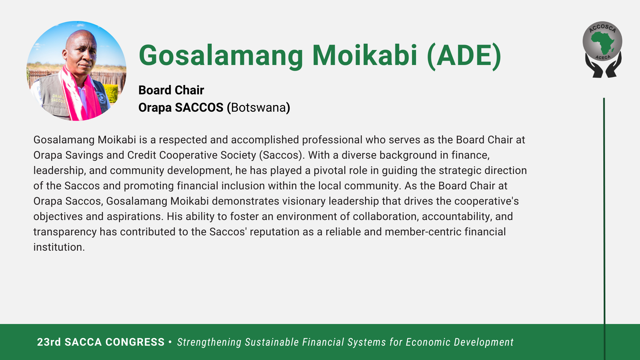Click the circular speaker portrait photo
[x=76, y=71]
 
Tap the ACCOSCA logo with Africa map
[x=603, y=49]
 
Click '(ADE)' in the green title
[x=464, y=56]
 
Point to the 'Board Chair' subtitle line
[x=171, y=90]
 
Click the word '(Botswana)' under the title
[x=258, y=108]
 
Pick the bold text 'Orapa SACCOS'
[x=181, y=108]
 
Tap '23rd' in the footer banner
[x=49, y=342]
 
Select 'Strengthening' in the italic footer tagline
[x=209, y=342]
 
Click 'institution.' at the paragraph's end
[x=59, y=247]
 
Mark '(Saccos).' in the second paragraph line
[x=282, y=155]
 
